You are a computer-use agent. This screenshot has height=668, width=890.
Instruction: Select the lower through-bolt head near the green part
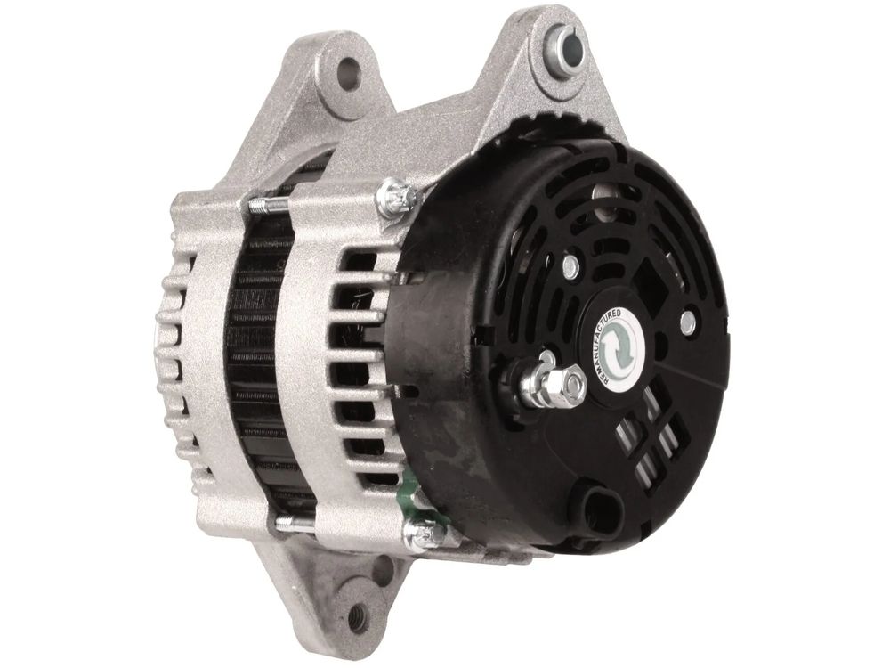[423, 533]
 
